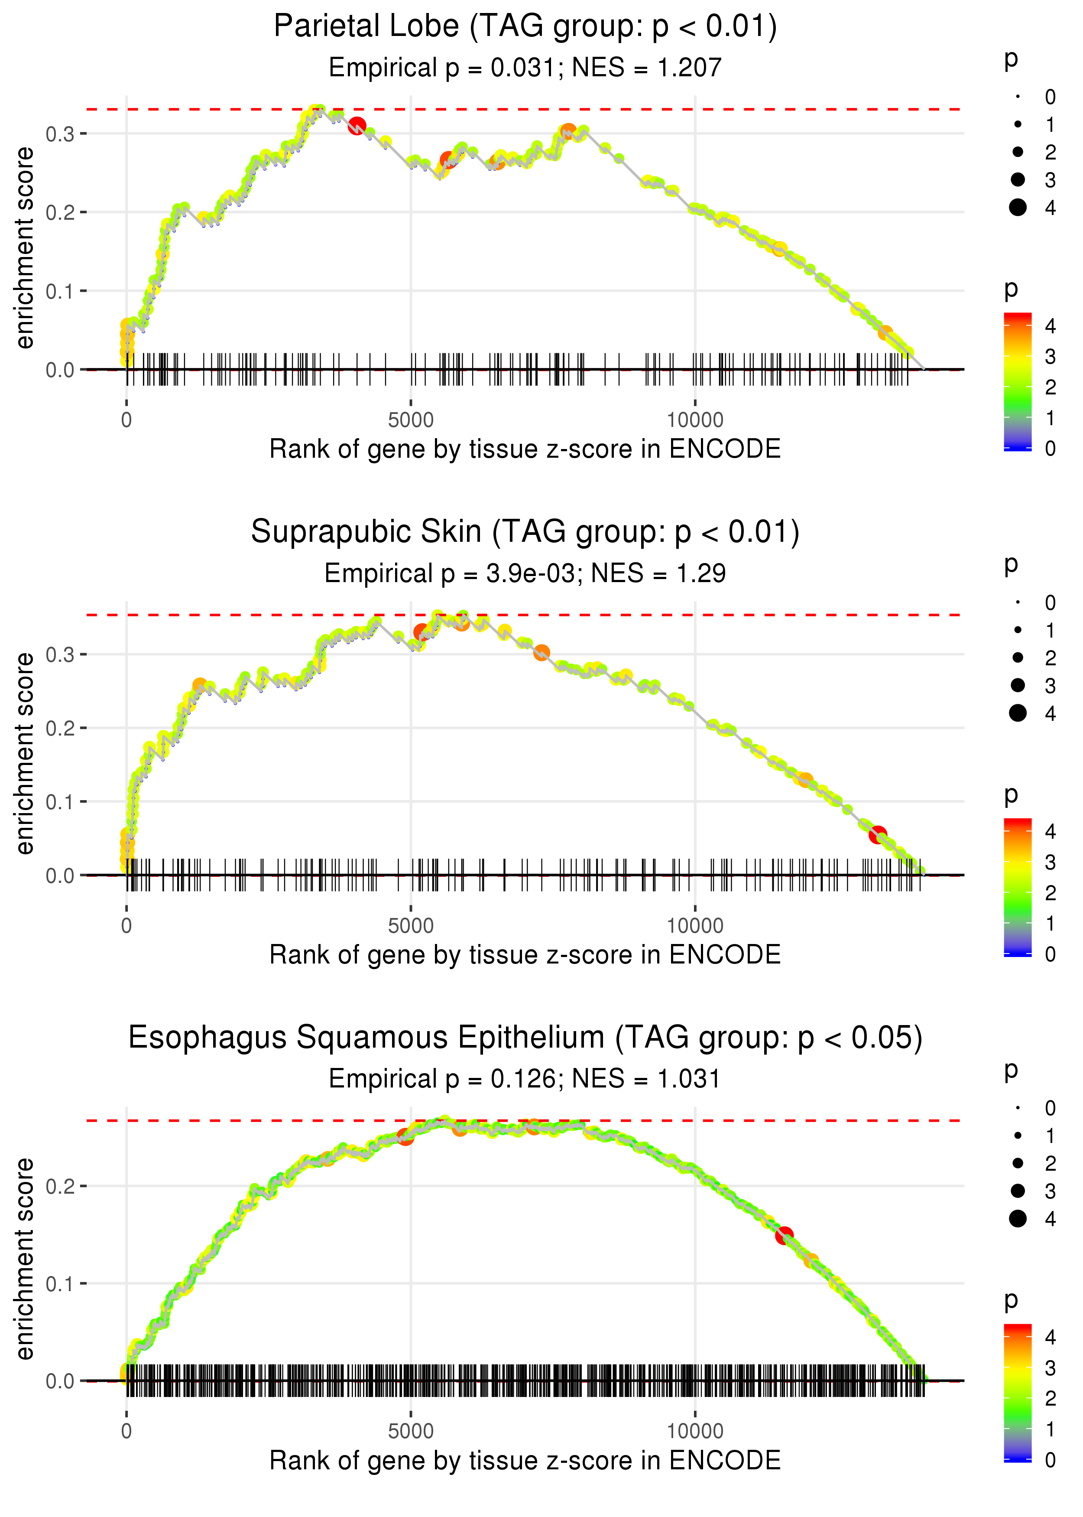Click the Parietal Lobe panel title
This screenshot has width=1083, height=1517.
(525, 27)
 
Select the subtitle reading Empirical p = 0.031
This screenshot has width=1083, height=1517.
(525, 68)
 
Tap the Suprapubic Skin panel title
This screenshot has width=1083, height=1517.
(525, 532)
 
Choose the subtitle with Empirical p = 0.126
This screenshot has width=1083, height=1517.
(525, 1079)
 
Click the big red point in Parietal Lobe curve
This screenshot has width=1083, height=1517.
(357, 125)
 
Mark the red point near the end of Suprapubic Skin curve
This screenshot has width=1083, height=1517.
(878, 834)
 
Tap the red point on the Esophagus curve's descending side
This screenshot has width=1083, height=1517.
(784, 1235)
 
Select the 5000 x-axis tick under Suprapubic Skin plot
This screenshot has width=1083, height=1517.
(411, 926)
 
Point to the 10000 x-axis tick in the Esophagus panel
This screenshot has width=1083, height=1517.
(695, 1432)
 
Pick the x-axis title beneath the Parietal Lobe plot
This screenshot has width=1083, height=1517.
(525, 449)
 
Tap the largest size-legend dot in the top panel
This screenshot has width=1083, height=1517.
(1018, 208)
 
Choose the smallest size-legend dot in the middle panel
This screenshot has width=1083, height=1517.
(1018, 602)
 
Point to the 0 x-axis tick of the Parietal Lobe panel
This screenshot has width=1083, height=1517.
(126, 420)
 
